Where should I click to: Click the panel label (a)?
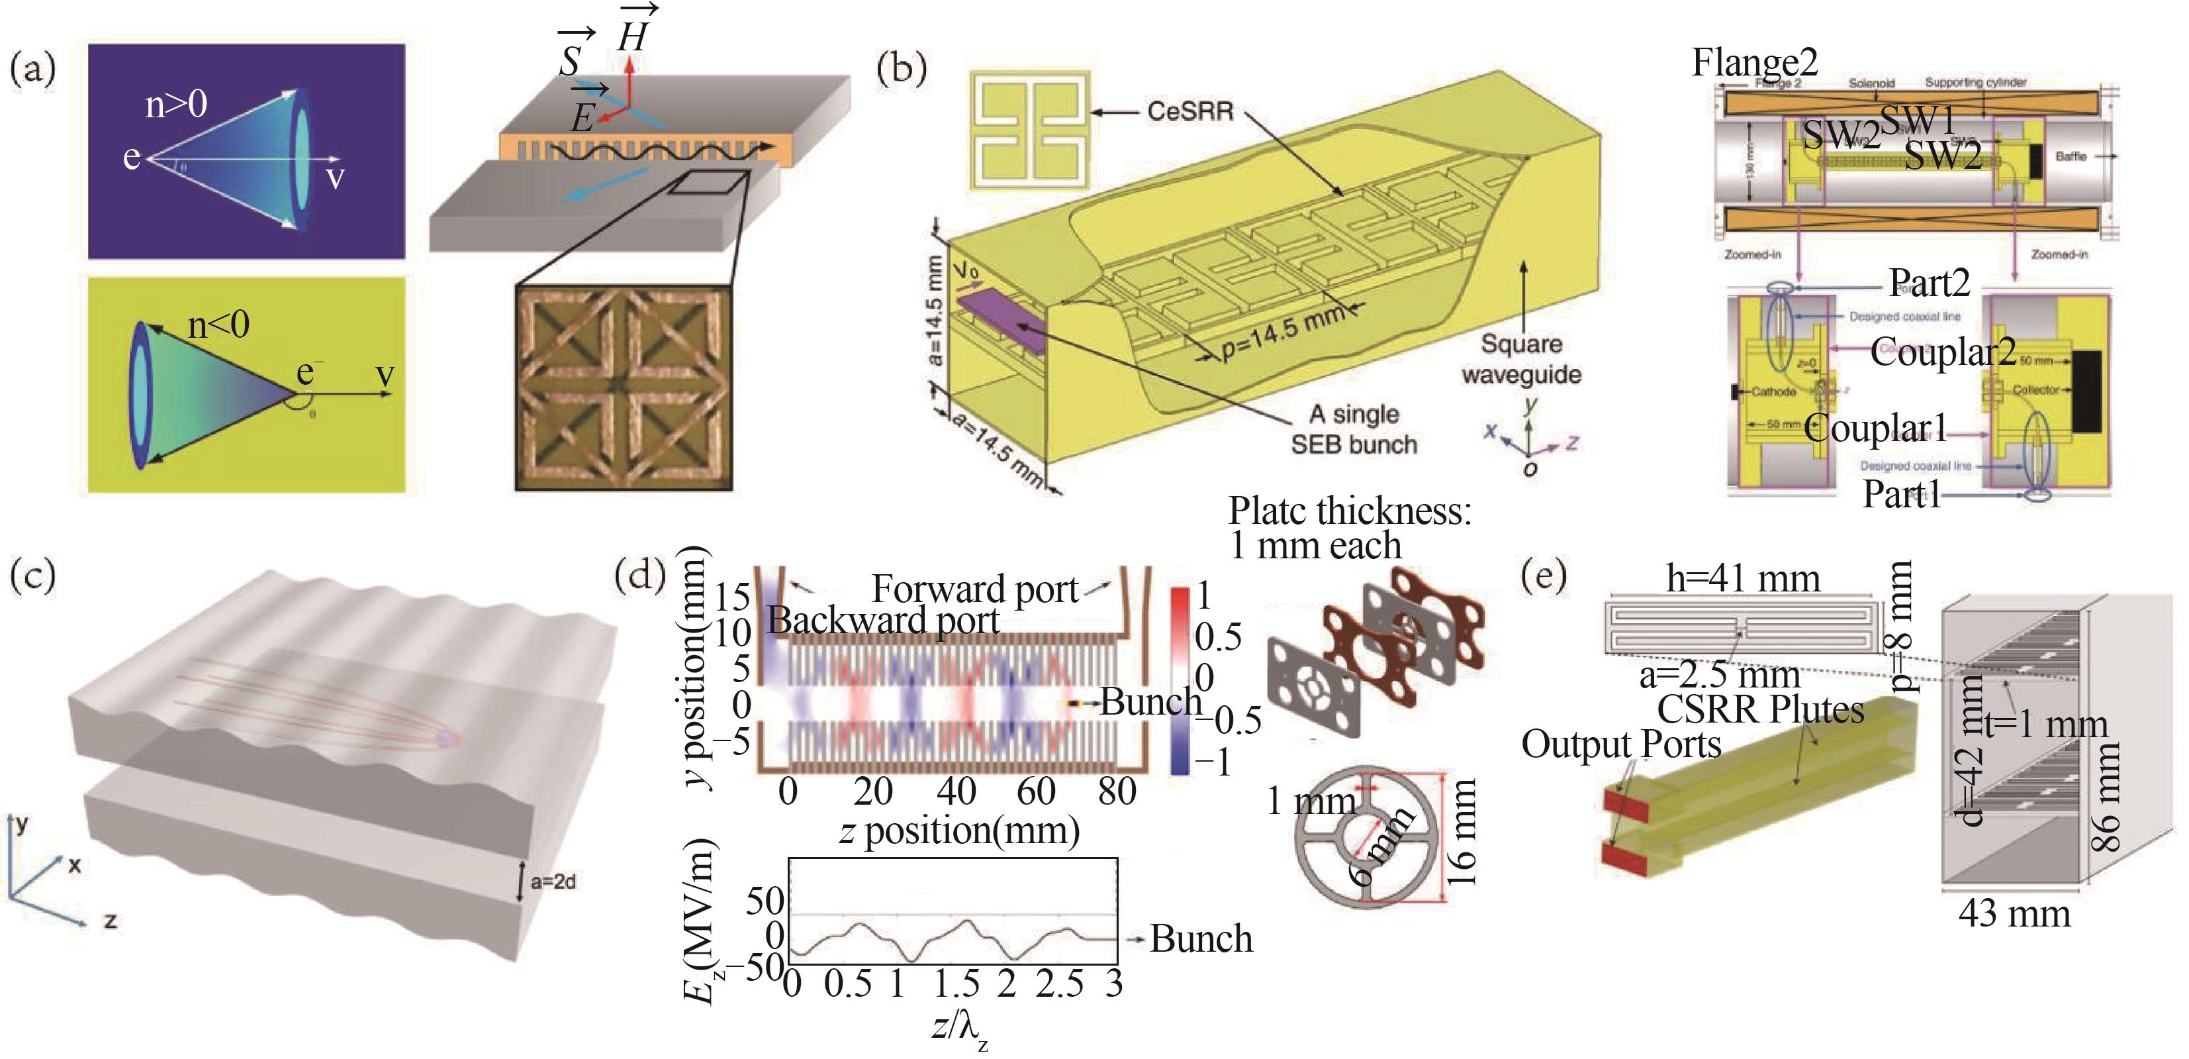coord(32,68)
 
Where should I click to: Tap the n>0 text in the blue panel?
coord(176,105)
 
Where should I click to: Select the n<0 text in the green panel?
coord(218,325)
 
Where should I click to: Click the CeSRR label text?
coord(1189,111)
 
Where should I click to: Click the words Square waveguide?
coord(1521,359)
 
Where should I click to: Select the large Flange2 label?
coord(1754,62)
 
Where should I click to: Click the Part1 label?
coord(1902,494)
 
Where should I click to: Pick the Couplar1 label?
coord(1875,429)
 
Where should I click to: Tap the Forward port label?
coord(974,589)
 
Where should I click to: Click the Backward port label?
coord(883,621)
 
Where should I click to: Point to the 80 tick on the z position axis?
coord(1116,792)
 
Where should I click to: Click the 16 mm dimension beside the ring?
coord(1462,834)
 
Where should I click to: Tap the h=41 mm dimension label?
coord(1743,580)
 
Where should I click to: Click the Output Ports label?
coord(1620,744)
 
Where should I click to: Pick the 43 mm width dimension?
coord(2014,915)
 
